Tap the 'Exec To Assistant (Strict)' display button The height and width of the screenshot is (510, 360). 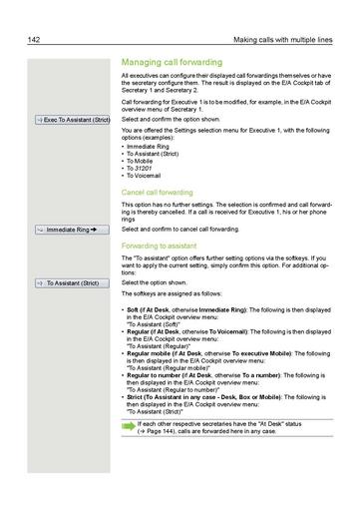(x=70, y=120)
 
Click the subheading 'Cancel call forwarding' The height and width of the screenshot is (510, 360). (x=157, y=191)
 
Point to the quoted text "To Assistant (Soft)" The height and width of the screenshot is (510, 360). (x=157, y=324)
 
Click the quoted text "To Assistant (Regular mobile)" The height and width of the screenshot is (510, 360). (x=173, y=367)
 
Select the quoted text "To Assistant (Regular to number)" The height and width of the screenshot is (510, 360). (x=176, y=389)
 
